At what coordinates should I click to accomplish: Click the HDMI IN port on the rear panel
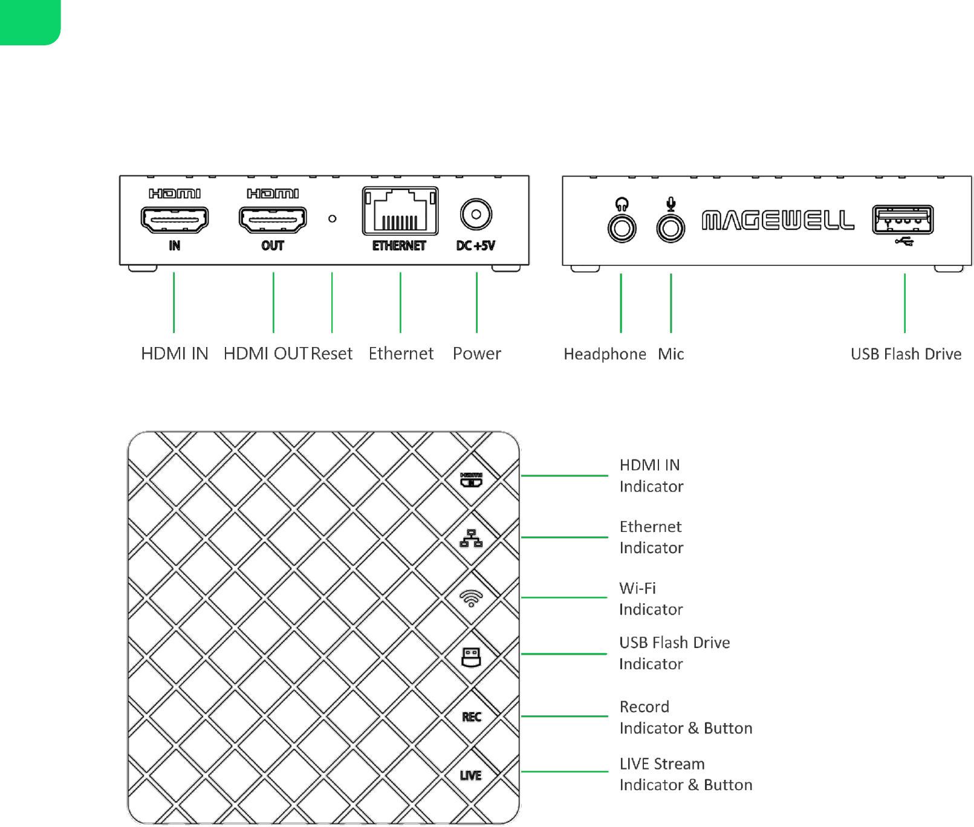coord(175,219)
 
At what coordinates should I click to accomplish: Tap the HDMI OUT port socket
coord(273,219)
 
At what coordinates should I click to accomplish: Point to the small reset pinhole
coord(332,219)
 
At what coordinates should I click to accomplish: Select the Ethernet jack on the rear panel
coord(400,212)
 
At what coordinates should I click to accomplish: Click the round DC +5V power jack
coord(476,214)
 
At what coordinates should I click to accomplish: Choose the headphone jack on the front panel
coord(622,229)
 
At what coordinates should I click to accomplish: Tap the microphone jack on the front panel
coord(670,229)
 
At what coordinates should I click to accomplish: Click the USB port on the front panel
coord(903,219)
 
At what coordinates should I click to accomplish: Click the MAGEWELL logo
coord(778,221)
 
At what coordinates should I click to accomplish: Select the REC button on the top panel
coord(472,717)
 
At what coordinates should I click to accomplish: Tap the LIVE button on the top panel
coord(471,776)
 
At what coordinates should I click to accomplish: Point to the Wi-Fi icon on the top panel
coord(471,598)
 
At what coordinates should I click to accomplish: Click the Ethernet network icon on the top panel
coord(471,539)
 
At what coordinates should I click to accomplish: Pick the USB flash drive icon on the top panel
coord(471,657)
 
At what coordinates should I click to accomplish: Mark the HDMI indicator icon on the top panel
coord(471,480)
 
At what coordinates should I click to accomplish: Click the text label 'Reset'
coord(332,354)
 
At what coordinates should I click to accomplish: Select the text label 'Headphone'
coord(605,354)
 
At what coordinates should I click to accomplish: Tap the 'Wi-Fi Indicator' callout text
coord(651,598)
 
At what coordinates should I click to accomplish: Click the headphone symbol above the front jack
coord(622,203)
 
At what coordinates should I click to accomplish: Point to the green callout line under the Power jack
coord(476,302)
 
